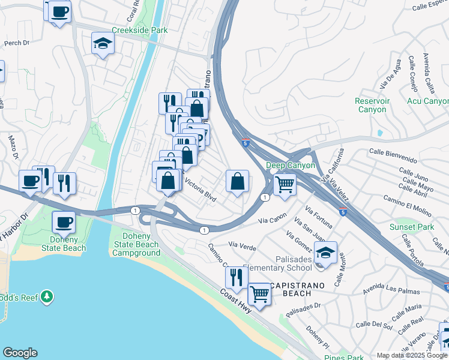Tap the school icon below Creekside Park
coord(103,43)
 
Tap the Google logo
coord(20,353)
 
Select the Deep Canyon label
coord(291,165)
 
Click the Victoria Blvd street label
coord(200,188)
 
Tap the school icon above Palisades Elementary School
coord(325,253)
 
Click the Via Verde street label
coord(243,245)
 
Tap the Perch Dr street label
coord(17,43)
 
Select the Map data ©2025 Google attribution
coord(412,355)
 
